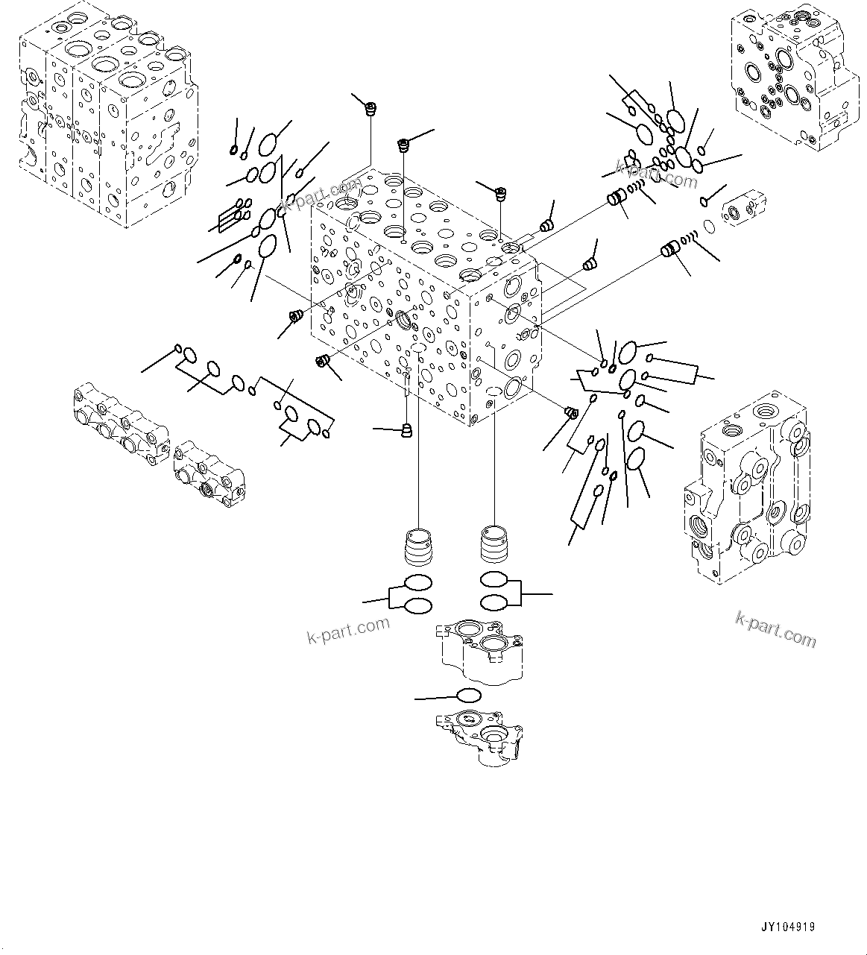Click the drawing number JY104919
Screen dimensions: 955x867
coord(787,927)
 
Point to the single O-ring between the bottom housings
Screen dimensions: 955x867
coord(468,696)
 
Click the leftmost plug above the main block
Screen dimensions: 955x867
coord(368,110)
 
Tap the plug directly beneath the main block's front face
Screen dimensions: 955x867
coord(407,430)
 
